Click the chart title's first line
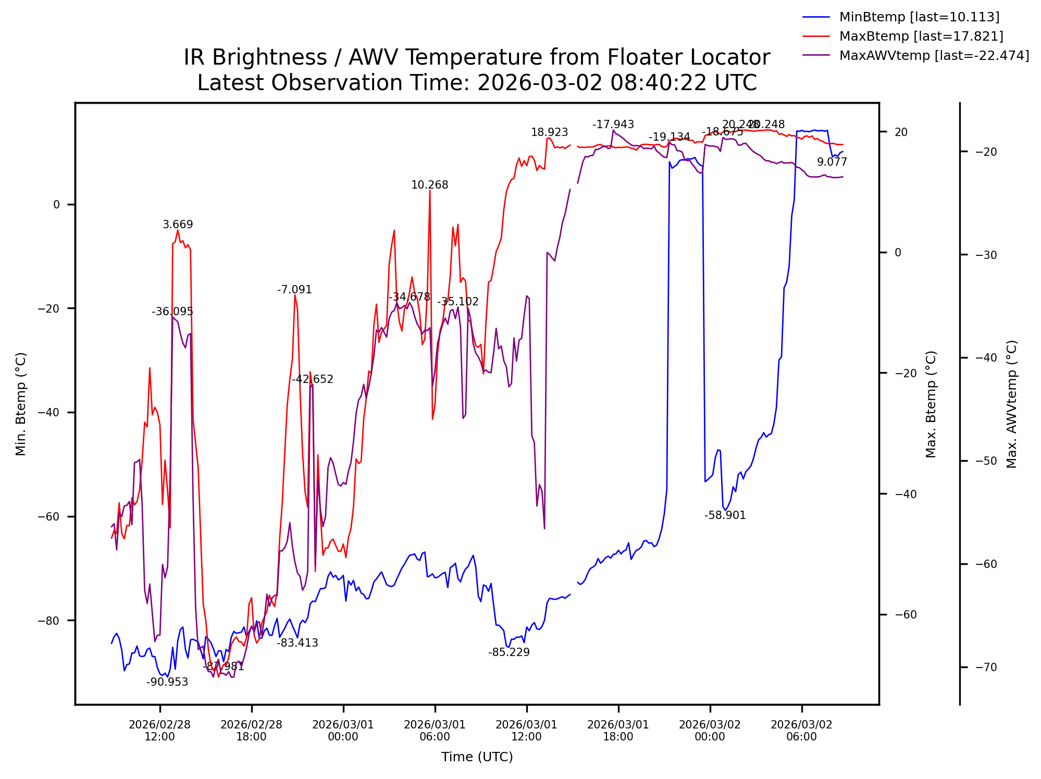[477, 57]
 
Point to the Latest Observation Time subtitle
[477, 83]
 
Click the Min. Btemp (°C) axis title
[21, 404]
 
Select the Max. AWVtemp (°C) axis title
[1012, 404]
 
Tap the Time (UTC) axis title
[477, 757]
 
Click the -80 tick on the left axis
[49, 621]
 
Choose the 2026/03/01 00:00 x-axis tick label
[343, 731]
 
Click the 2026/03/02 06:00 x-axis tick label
[801, 731]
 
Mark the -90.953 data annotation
[167, 682]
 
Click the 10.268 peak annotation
[429, 185]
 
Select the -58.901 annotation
[725, 515]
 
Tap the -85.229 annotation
[509, 652]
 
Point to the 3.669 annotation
[178, 225]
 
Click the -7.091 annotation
[294, 290]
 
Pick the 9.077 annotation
[832, 162]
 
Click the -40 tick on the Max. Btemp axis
[904, 494]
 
